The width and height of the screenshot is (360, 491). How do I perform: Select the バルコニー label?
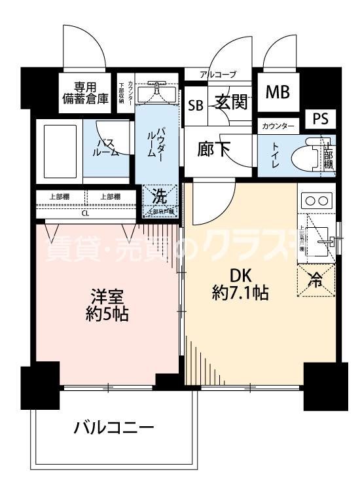pos(113,429)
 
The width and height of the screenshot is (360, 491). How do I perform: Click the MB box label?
pos(278,92)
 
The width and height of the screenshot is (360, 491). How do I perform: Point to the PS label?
pos(319,119)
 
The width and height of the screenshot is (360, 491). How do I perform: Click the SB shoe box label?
pos(196,105)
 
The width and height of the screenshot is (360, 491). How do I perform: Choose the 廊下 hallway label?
pos(213,149)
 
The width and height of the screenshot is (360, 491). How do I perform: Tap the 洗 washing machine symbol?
pos(159,195)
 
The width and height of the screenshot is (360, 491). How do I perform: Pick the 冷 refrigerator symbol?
pos(316,281)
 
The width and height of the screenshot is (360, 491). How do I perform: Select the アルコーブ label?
pos(218,75)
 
